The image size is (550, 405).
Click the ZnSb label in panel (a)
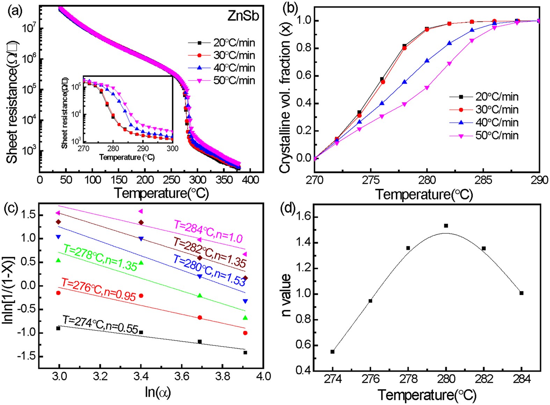pyautogui.click(x=243, y=16)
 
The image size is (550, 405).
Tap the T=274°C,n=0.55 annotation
pyautogui.click(x=101, y=324)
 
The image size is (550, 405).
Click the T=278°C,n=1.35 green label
pyautogui.click(x=100, y=258)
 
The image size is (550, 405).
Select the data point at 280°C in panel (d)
pyautogui.click(x=446, y=226)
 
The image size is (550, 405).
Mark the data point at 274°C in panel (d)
pyautogui.click(x=332, y=352)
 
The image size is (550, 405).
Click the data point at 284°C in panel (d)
pyautogui.click(x=521, y=293)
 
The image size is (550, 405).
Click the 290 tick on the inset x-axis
pyautogui.click(x=143, y=149)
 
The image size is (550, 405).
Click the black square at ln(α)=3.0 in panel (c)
pyautogui.click(x=58, y=328)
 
